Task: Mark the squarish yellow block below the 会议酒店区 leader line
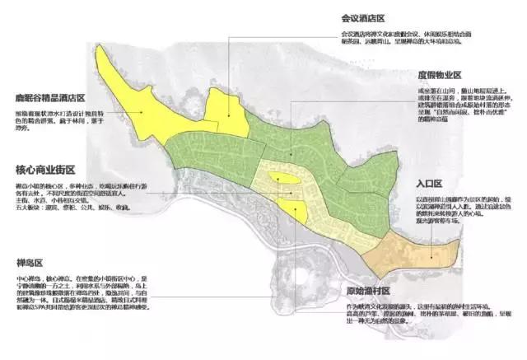[226, 115]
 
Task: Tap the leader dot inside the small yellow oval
[281, 180]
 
